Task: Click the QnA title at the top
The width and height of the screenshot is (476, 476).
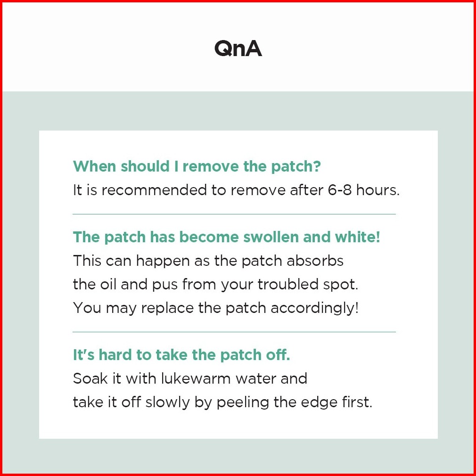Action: point(238,48)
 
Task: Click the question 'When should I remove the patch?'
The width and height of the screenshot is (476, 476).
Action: point(197,166)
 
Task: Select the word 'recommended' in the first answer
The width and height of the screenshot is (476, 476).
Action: point(154,190)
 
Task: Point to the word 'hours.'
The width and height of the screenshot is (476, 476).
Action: point(378,190)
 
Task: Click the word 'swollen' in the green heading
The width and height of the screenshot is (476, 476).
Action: point(271,237)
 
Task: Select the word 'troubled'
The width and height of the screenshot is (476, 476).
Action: point(288,284)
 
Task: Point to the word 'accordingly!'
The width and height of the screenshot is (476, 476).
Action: point(314,308)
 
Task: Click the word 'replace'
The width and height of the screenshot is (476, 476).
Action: point(167,308)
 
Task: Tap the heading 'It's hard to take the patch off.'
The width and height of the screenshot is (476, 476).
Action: point(181,354)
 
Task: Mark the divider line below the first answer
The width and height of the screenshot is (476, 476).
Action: point(234,214)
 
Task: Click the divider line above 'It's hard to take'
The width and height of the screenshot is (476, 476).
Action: point(234,332)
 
